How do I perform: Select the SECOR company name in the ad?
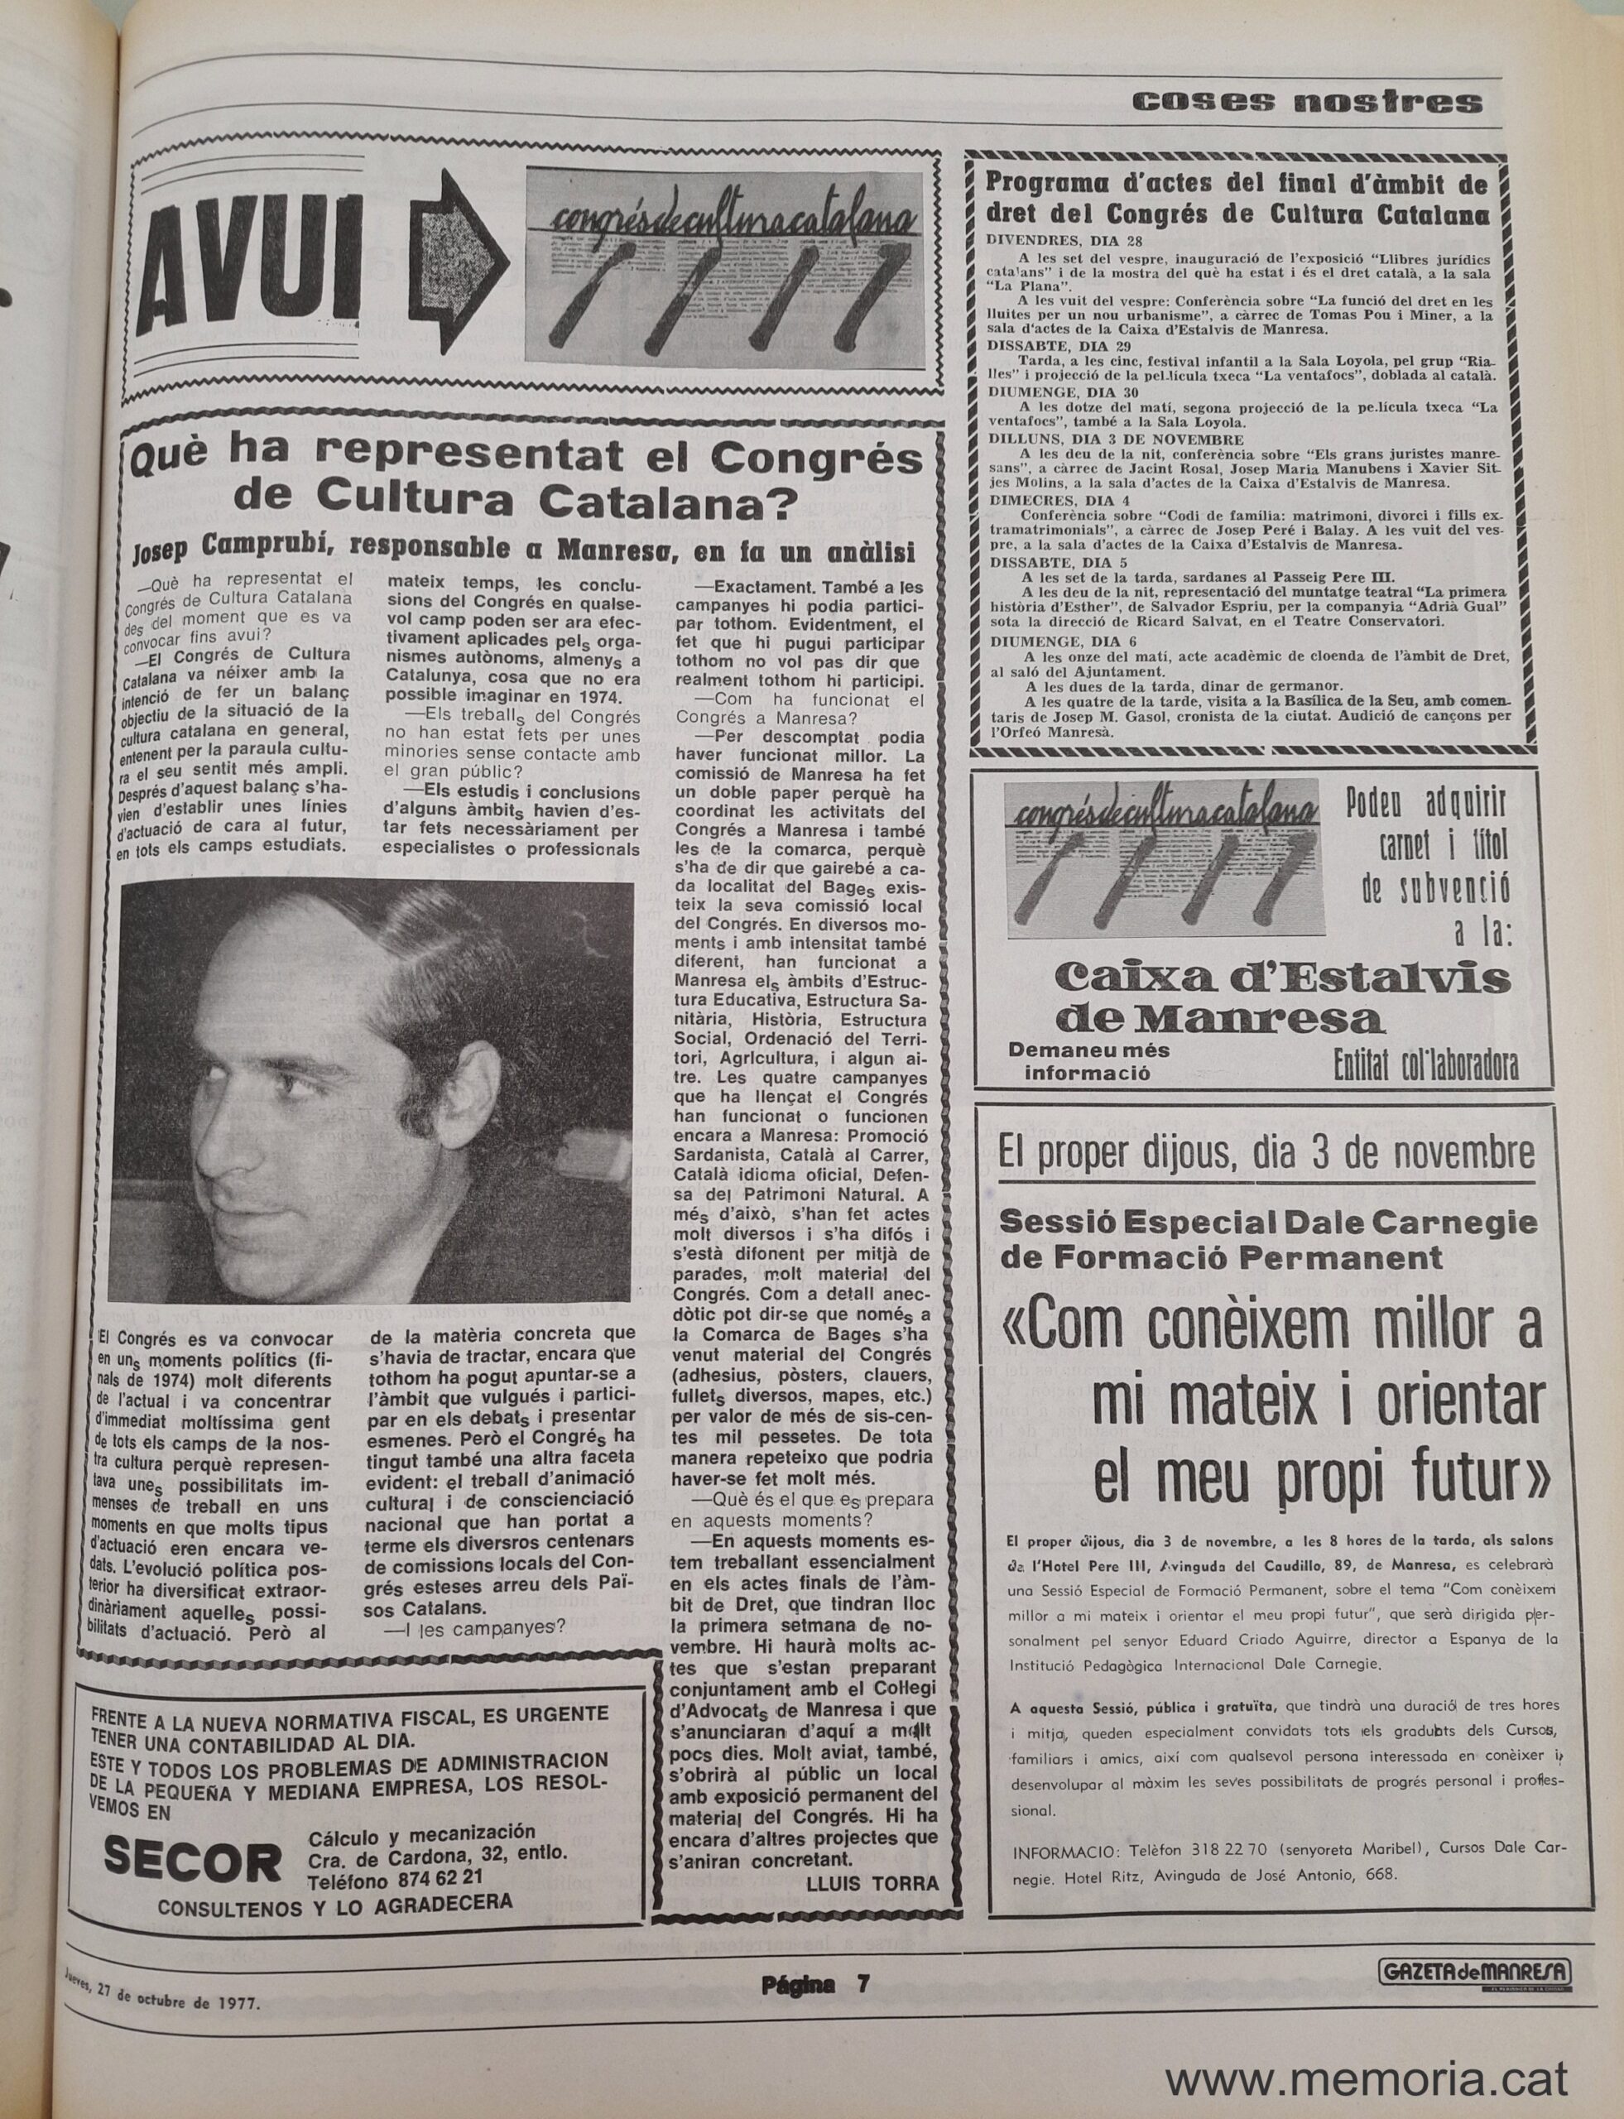coord(192,1860)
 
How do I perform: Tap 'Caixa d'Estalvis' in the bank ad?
coord(1282,978)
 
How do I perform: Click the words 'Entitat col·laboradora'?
coord(1425,1065)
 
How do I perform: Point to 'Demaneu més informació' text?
coord(1088,1060)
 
